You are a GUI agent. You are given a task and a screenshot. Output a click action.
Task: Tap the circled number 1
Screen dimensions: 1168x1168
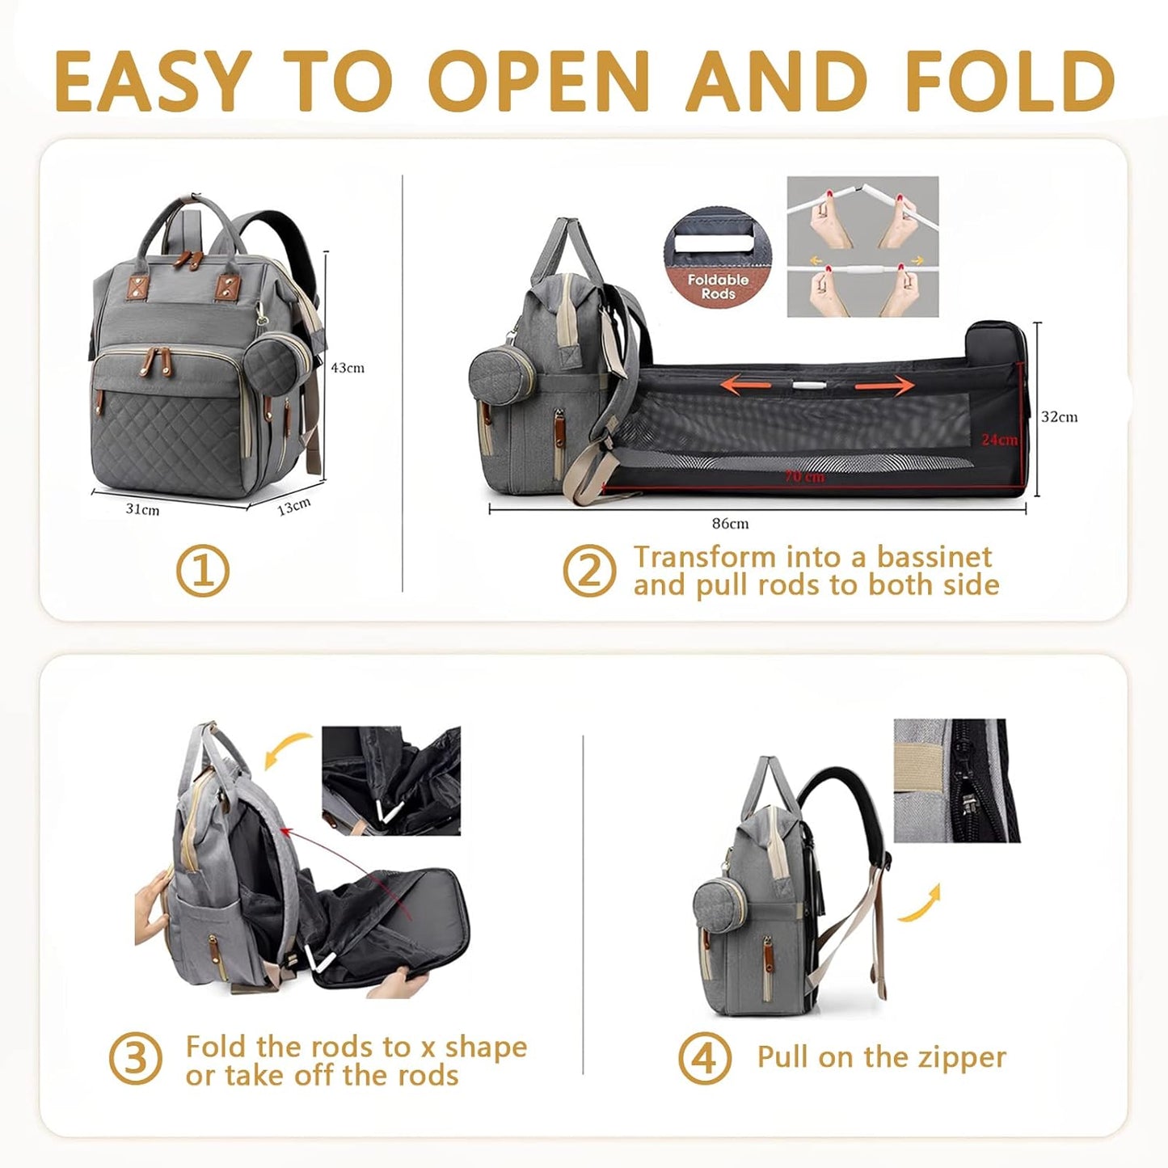pyautogui.click(x=203, y=571)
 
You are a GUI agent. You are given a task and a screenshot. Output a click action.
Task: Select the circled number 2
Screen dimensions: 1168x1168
pyautogui.click(x=589, y=571)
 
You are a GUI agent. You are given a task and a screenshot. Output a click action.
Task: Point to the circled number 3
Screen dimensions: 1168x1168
pyautogui.click(x=135, y=1059)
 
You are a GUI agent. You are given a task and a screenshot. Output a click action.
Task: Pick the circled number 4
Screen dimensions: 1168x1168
pyautogui.click(x=705, y=1058)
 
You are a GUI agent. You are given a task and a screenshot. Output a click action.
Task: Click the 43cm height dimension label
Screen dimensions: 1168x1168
pyautogui.click(x=348, y=368)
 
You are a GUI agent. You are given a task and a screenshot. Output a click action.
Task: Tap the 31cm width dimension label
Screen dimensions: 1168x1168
pyautogui.click(x=142, y=510)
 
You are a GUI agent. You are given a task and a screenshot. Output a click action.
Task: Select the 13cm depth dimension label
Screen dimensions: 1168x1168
pyautogui.click(x=293, y=508)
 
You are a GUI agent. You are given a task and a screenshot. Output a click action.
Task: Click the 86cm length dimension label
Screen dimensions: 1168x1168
pyautogui.click(x=730, y=524)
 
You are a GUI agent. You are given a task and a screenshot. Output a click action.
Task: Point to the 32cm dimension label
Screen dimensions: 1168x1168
pyautogui.click(x=1059, y=417)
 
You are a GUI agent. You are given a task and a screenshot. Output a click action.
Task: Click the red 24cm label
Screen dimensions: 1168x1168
pyautogui.click(x=999, y=440)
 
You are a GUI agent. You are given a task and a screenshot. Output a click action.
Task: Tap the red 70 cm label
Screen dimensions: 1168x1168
pyautogui.click(x=803, y=477)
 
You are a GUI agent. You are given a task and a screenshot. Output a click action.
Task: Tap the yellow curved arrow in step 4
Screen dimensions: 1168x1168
pyautogui.click(x=921, y=904)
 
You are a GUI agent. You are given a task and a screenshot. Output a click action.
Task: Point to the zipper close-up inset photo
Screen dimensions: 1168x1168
pyautogui.click(x=956, y=780)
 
